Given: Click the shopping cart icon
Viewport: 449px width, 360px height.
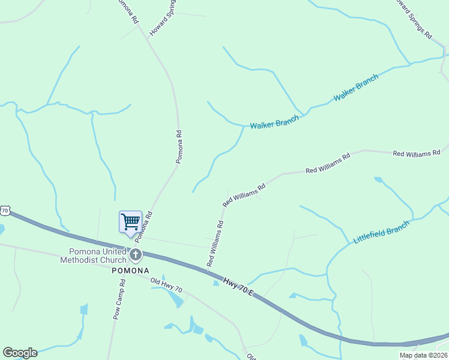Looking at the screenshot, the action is pos(130,221).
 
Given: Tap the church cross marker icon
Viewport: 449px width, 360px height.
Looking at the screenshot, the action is pos(136,255).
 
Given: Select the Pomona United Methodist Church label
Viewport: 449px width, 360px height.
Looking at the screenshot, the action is pos(94,256).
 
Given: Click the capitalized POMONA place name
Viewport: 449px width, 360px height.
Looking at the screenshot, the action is pos(130,271).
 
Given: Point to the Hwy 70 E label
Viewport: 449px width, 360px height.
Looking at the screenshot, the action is pos(240,287).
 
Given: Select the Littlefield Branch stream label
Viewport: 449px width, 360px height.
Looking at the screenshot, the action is pos(381,232).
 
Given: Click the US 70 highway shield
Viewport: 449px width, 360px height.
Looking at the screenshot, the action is pos(5,210).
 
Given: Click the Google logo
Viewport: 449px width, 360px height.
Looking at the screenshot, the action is pos(20,353).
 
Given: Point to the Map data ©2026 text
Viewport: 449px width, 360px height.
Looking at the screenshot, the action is pos(423,355).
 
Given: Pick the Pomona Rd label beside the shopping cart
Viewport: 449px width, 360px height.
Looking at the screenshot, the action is pos(144,229).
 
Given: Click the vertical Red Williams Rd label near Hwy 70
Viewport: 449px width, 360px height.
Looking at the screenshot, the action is pos(215,243).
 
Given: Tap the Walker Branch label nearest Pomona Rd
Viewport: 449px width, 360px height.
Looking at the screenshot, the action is pos(274,124).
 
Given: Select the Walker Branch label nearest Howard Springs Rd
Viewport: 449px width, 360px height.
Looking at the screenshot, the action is pos(356,88).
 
